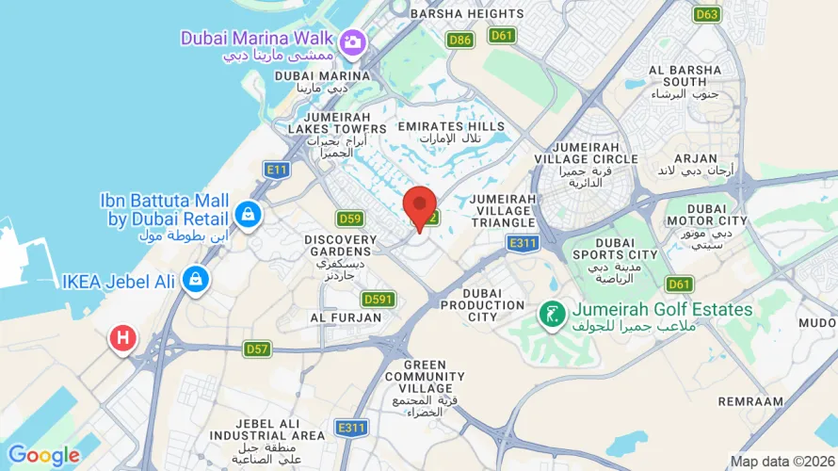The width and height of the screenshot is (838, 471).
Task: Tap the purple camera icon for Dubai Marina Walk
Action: [x=353, y=41]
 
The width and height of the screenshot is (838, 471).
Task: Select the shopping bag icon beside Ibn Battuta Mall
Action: [x=247, y=214]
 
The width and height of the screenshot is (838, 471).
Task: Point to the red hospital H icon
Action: [x=122, y=338]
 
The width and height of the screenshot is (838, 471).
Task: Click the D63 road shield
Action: [x=706, y=14]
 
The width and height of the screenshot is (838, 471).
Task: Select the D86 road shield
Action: [x=459, y=40]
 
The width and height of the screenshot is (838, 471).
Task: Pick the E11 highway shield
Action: [x=276, y=170]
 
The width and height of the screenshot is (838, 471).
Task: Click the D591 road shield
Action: [x=379, y=299]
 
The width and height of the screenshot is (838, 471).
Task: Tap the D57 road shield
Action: [x=258, y=349]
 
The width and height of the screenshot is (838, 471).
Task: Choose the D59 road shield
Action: [x=350, y=219]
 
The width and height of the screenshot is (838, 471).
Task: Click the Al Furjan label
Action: [x=346, y=318]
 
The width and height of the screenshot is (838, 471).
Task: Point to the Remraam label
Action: [x=750, y=401]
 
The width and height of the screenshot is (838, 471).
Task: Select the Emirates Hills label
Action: [x=451, y=126]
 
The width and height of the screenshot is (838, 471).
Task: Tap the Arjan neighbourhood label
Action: [x=696, y=158]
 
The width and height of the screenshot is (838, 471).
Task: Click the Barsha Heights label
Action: [x=467, y=14]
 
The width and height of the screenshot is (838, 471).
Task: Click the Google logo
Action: [x=43, y=456]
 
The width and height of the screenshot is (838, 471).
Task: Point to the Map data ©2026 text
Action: [x=781, y=461]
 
